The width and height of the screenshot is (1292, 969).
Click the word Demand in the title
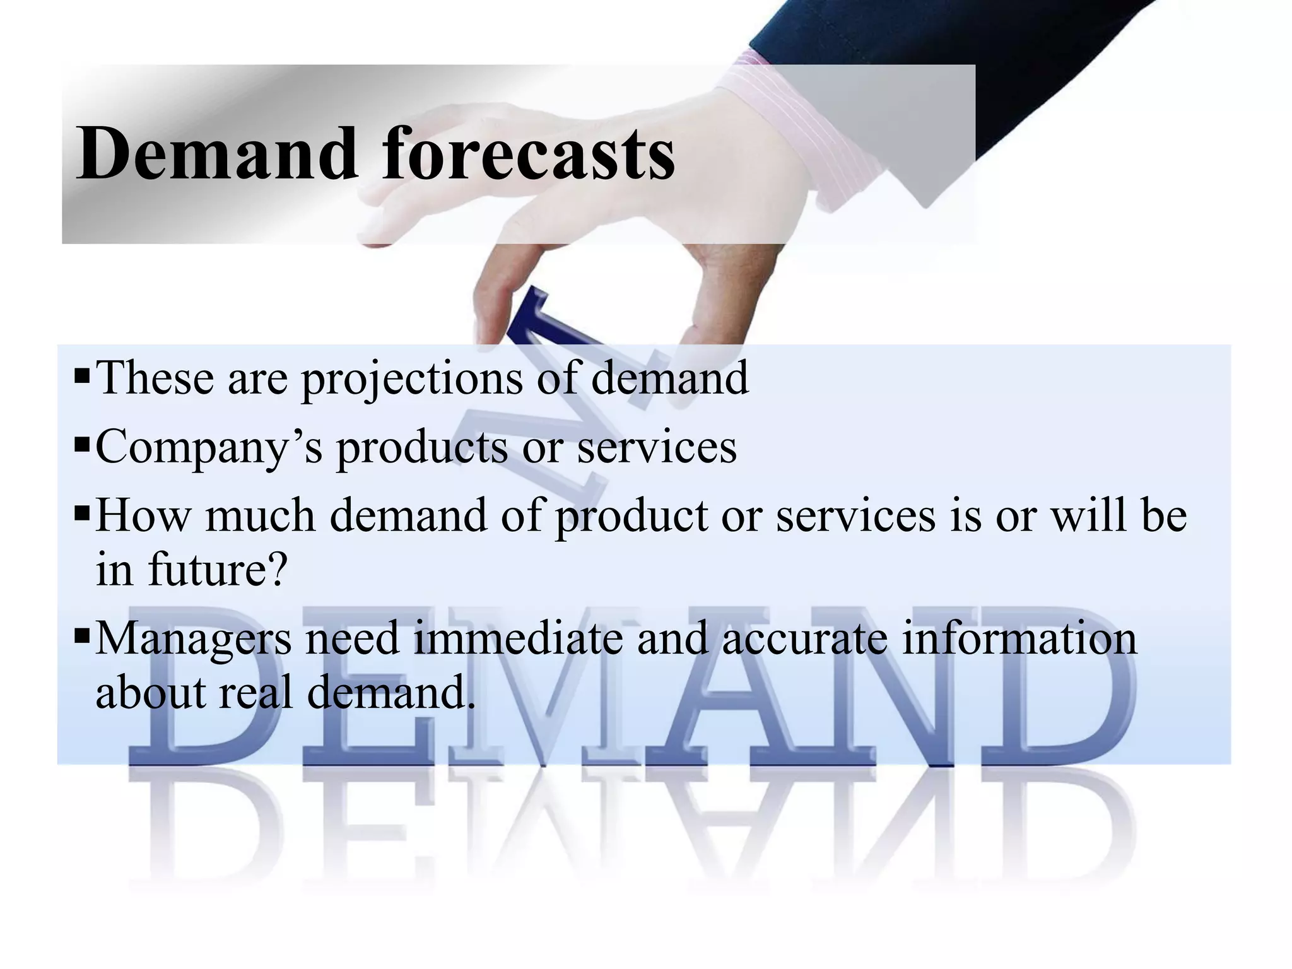[x=218, y=153]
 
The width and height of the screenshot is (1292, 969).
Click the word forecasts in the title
[x=529, y=153]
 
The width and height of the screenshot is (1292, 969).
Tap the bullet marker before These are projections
[x=82, y=377]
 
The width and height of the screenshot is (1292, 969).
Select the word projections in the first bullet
[x=411, y=379]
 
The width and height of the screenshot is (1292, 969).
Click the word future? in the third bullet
[x=218, y=569]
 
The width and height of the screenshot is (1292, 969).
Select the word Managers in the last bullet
[x=194, y=638]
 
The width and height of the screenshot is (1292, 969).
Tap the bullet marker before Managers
[x=82, y=637]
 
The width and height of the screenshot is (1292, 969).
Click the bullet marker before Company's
[x=82, y=446]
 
